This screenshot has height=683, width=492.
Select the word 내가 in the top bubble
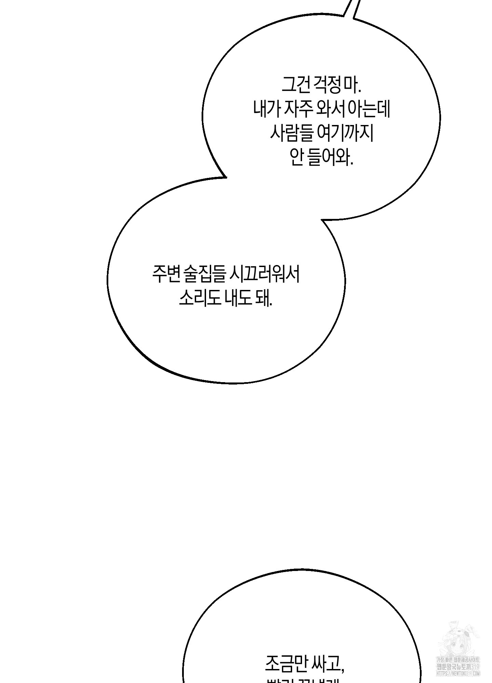(267, 110)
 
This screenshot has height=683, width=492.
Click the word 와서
(331, 110)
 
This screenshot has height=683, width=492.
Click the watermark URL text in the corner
(457, 673)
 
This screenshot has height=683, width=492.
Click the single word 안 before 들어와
(297, 158)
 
